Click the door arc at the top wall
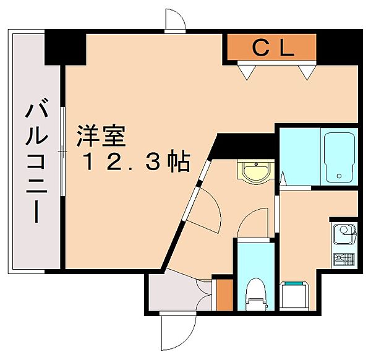pyautogui.click(x=176, y=20)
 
